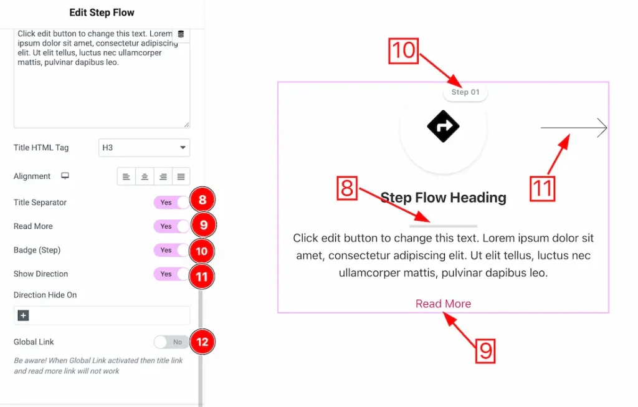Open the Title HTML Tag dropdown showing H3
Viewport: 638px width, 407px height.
pyautogui.click(x=144, y=148)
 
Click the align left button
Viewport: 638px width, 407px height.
pyautogui.click(x=126, y=176)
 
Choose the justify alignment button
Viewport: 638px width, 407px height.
pyautogui.click(x=181, y=176)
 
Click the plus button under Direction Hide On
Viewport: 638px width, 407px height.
pyautogui.click(x=23, y=316)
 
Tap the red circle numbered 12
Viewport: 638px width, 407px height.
pyautogui.click(x=202, y=342)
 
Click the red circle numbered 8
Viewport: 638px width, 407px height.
pyautogui.click(x=202, y=201)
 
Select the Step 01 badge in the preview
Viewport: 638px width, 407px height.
pyautogui.click(x=465, y=92)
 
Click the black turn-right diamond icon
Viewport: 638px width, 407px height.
pyautogui.click(x=443, y=127)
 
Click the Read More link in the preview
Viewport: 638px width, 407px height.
pyautogui.click(x=443, y=304)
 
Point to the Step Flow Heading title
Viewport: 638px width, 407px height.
pyautogui.click(x=443, y=198)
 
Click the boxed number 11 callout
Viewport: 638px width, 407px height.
pyautogui.click(x=542, y=188)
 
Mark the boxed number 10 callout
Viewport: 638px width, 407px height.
pyautogui.click(x=404, y=50)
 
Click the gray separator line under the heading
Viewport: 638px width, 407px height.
pyautogui.click(x=443, y=226)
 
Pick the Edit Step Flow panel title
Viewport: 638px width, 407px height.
pyautogui.click(x=102, y=12)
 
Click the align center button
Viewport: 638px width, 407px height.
pyautogui.click(x=145, y=176)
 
